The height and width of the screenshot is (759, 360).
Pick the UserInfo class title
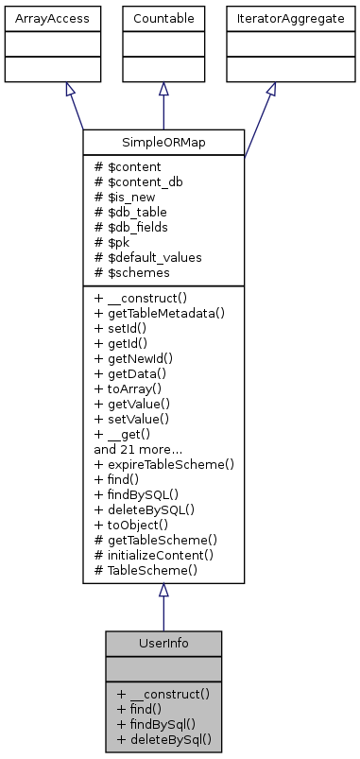(163, 643)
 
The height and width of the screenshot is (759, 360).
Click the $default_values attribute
(148, 257)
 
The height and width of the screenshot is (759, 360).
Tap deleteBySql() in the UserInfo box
(163, 739)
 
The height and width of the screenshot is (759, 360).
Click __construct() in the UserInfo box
(163, 694)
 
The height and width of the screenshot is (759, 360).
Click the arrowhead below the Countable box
(163, 89)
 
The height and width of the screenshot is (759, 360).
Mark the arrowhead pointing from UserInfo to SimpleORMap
(163, 590)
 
